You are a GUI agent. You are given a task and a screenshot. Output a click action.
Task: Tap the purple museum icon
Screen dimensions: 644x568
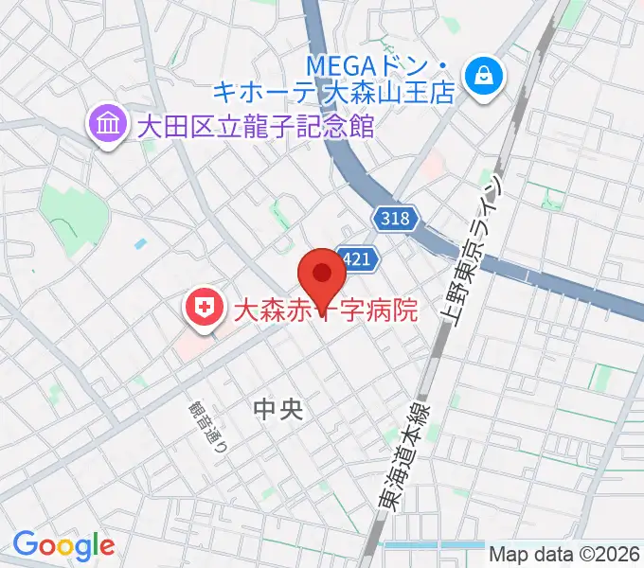[107, 125]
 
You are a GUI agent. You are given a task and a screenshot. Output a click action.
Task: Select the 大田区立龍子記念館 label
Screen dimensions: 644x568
[255, 125]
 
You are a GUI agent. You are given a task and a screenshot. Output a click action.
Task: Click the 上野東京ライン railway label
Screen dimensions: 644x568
[480, 256]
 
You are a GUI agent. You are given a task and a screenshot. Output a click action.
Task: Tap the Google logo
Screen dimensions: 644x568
[63, 545]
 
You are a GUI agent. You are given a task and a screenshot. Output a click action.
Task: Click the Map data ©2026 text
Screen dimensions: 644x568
[565, 554]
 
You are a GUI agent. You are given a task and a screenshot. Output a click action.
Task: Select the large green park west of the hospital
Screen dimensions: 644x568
[66, 213]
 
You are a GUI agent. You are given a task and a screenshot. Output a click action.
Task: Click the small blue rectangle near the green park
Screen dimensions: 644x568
[140, 243]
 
